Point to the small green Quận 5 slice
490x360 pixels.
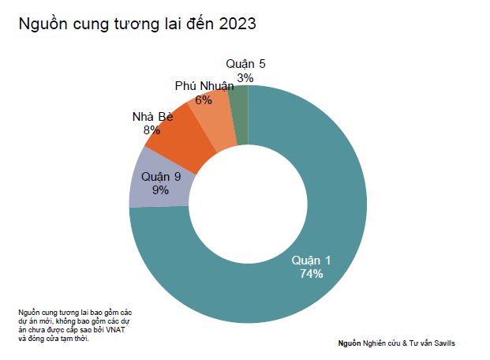242,114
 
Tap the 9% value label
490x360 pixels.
161,189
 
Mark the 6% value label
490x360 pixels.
204,100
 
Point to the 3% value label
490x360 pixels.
245,77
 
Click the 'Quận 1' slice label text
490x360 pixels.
312,261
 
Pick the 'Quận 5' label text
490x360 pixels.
245,64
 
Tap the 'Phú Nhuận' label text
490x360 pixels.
204,87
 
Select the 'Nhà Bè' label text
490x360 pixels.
153,117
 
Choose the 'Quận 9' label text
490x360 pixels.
161,176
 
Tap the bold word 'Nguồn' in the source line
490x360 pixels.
349,343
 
